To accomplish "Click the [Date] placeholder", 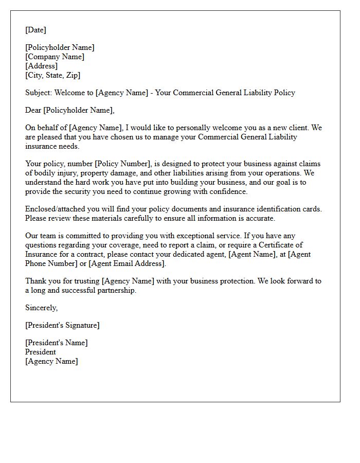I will click(35, 30).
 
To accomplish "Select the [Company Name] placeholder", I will click(55, 57).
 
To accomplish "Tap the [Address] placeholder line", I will click(41, 66).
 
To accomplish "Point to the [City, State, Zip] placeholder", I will click(52, 75).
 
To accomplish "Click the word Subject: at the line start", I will click(38, 93).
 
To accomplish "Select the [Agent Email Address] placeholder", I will click(127, 263).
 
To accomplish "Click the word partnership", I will click(118, 290).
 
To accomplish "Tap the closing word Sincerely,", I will click(41, 308).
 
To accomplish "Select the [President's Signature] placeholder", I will click(62, 325).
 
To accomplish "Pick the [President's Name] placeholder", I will click(56, 343).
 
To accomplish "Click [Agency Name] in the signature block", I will click(51, 361).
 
